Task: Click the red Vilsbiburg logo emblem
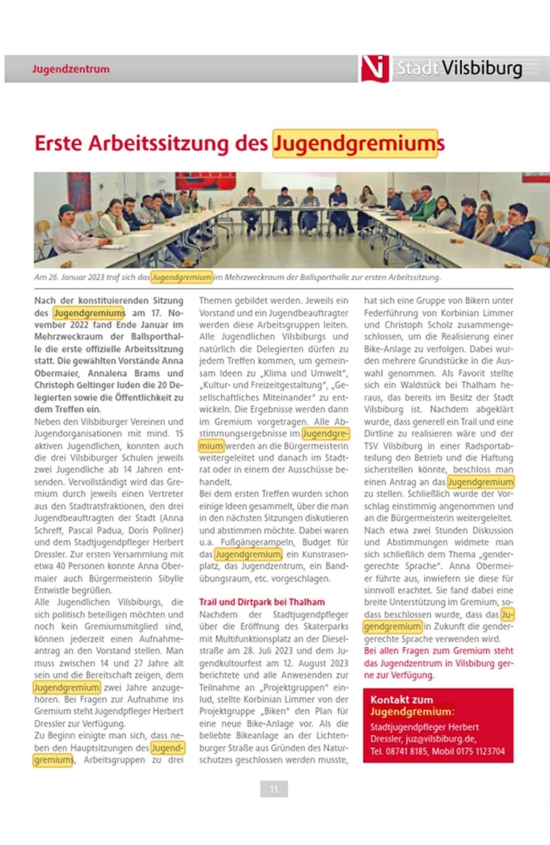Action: [375, 68]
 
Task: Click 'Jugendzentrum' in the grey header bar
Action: [71, 69]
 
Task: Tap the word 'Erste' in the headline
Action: [56, 143]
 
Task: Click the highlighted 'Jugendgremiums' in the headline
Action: [355, 143]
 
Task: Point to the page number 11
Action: [274, 789]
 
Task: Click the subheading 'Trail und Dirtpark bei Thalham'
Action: [262, 602]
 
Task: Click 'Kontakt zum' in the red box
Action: [402, 700]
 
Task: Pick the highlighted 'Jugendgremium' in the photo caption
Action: [181, 277]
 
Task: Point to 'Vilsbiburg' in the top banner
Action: [482, 69]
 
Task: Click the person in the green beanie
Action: [69, 220]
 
